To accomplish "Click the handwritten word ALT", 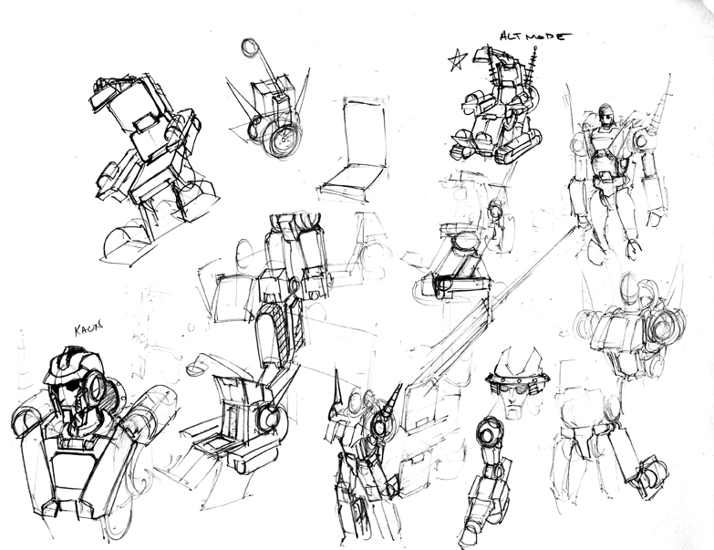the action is click(511, 36).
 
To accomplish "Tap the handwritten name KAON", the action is click(88, 328).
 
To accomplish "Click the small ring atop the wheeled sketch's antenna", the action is click(250, 47).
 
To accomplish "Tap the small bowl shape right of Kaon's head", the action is click(196, 368).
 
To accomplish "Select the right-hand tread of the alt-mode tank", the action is click(519, 145).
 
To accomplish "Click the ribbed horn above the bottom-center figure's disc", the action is click(391, 398).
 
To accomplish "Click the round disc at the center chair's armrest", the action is click(269, 420).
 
